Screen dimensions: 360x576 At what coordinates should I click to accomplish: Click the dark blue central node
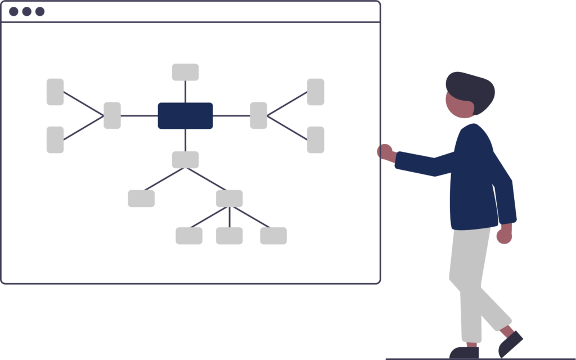pos(185,116)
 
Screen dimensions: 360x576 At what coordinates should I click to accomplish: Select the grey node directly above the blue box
pos(185,72)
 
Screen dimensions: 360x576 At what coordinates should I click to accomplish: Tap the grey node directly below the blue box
pos(185,160)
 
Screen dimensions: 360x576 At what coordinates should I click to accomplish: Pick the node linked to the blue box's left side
pos(112,116)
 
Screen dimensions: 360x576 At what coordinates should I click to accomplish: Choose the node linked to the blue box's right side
pos(258,116)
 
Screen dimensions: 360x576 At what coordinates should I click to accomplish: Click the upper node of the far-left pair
pos(55,92)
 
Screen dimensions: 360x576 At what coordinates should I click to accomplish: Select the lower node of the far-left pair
pos(55,139)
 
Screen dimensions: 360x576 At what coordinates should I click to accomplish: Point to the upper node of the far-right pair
pos(316,92)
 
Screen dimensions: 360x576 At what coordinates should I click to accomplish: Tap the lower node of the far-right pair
pos(316,139)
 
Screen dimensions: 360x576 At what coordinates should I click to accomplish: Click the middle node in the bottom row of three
pos(229,236)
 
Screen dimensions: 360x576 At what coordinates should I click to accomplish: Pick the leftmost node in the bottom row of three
pos(189,236)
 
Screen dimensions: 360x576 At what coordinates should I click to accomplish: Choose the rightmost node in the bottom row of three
pos(273,236)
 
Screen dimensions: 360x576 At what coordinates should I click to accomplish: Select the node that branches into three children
pos(229,199)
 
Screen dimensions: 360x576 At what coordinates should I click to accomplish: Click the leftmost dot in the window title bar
pos(13,11)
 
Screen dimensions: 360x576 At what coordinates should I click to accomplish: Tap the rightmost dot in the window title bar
pos(40,11)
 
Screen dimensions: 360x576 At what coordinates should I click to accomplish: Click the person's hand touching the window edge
pos(385,151)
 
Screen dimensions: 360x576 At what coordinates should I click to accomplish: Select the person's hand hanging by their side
pos(504,235)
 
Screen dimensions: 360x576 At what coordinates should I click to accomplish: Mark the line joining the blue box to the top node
pos(185,92)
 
